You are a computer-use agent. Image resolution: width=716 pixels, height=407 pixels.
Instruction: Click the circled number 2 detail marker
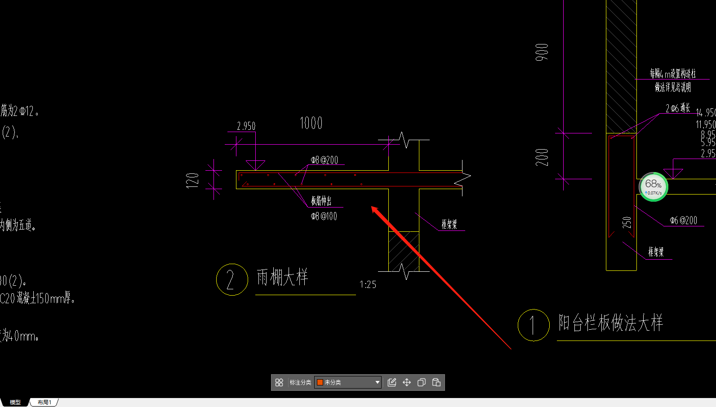point(232,279)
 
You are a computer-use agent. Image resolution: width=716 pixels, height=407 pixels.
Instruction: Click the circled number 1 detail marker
point(534,325)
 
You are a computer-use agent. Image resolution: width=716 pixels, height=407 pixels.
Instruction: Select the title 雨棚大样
point(282,277)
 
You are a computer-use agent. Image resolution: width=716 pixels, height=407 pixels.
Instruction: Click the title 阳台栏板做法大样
point(610,323)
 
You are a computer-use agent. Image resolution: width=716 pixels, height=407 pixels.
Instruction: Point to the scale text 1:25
point(368,284)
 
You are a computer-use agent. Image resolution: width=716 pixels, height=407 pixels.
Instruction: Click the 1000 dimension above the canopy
point(311,123)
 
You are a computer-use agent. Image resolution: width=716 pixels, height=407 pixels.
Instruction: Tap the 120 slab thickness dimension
point(192,180)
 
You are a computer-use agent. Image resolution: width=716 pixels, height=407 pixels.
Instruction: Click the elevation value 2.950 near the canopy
point(246,126)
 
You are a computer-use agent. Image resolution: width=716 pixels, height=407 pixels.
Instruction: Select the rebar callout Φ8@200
point(325,160)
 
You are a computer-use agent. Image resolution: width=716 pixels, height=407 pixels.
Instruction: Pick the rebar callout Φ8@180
point(324,216)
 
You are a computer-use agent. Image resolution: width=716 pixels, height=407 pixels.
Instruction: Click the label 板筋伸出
point(321,200)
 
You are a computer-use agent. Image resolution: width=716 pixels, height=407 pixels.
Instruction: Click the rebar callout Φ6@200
point(683,220)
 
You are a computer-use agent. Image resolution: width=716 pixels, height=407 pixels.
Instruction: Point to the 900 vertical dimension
point(542,52)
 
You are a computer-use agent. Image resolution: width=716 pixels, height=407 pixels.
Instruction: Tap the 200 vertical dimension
point(542,157)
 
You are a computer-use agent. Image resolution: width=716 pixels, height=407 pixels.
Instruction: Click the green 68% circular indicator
point(653,186)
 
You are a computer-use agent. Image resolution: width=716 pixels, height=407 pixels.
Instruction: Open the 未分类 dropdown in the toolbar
point(348,382)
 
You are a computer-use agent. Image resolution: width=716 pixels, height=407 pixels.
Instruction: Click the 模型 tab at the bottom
point(15,402)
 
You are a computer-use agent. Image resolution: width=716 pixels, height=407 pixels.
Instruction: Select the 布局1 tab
point(44,402)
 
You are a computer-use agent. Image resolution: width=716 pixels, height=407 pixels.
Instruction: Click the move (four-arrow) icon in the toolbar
point(407,382)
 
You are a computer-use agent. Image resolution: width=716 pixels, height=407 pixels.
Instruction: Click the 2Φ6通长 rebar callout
point(678,108)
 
